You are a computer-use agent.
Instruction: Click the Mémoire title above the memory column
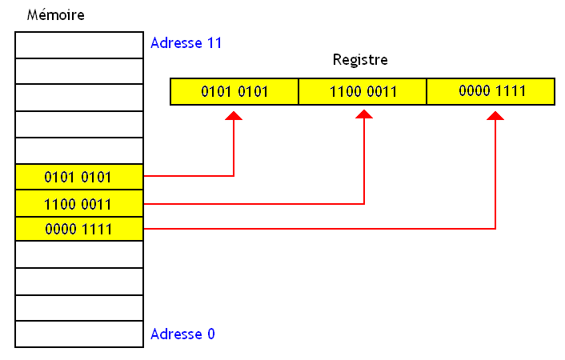(x=56, y=15)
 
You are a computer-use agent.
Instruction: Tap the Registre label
(x=360, y=60)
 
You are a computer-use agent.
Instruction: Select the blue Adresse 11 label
(x=186, y=42)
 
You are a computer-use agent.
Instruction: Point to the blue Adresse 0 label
(x=182, y=334)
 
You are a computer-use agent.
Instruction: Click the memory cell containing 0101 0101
(x=78, y=177)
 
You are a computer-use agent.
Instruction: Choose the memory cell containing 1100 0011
(x=78, y=203)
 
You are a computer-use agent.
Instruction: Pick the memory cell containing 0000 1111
(x=78, y=230)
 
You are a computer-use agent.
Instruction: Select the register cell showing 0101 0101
(x=234, y=91)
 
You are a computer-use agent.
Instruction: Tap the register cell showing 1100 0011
(x=363, y=91)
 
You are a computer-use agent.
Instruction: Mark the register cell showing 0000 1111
(x=491, y=91)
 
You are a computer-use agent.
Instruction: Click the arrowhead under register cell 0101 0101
(x=234, y=116)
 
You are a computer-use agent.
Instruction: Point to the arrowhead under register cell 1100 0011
(x=365, y=116)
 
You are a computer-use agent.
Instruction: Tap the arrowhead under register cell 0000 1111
(x=496, y=116)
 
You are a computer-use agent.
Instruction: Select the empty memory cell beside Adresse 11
(x=78, y=45)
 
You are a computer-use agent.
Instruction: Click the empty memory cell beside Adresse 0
(x=78, y=334)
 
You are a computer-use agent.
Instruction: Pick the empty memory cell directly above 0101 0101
(x=78, y=150)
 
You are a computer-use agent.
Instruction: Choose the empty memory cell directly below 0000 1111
(x=78, y=254)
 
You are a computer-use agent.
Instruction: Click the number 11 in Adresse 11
(x=213, y=42)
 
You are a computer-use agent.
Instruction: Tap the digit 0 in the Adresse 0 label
(x=210, y=334)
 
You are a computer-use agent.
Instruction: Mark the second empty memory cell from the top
(x=78, y=71)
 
